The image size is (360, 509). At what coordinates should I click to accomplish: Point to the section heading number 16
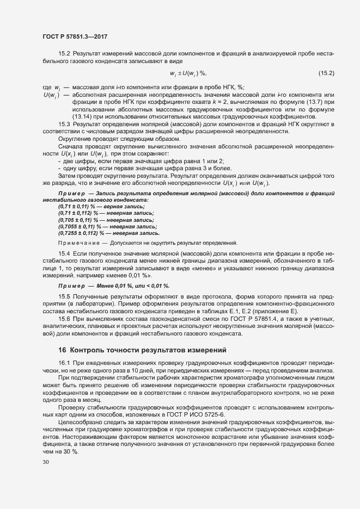point(62,349)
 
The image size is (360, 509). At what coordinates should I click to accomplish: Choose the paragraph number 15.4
point(64,254)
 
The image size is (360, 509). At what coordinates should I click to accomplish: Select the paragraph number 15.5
point(64,295)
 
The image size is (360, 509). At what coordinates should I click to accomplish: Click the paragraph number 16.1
point(64,363)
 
